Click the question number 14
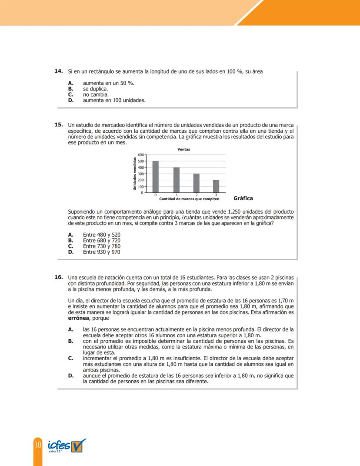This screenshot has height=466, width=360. pos(58,70)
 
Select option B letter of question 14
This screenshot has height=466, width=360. pos(70,88)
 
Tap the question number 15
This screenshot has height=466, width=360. pos(58,124)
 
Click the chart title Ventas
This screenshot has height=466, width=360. pos(183,149)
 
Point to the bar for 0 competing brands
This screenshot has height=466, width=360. pos(155,177)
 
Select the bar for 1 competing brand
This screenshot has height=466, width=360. pos(177,180)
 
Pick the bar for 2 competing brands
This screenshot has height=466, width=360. pos(197,183)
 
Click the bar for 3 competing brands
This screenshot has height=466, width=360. pos(216,186)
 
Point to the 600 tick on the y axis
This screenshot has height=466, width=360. pos(140,155)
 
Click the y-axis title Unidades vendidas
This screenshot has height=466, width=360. pos(135,173)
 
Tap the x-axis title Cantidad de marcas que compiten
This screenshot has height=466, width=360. pos(189,199)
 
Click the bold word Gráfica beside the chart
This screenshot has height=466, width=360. pos(243,198)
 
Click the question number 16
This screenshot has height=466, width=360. pos(58,277)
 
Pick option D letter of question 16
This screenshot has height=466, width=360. pos(70,375)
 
